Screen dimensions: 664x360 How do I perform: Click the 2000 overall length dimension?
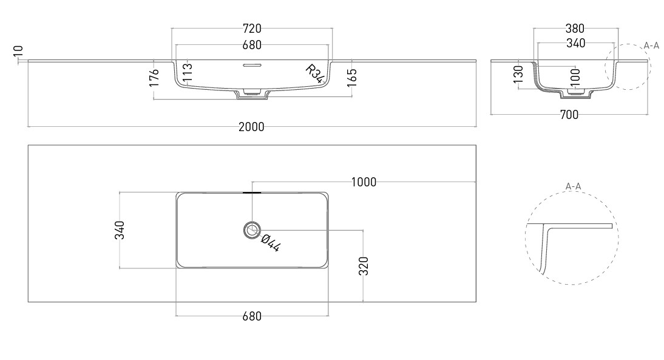pyautogui.click(x=251, y=127)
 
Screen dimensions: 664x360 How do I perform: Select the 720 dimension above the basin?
pyautogui.click(x=252, y=29)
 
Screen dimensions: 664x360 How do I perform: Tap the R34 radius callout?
pyautogui.click(x=316, y=73)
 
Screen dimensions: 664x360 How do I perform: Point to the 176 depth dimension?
pyautogui.click(x=154, y=78)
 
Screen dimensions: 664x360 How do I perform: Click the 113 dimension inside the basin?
pyautogui.click(x=188, y=72)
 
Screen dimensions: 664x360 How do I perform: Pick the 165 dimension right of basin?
pyautogui.click(x=352, y=78)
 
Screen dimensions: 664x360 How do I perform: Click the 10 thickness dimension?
pyautogui.click(x=18, y=51)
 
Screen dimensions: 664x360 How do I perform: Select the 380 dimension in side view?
pyautogui.click(x=575, y=29)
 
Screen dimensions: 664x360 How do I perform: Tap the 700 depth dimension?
pyautogui.click(x=569, y=115)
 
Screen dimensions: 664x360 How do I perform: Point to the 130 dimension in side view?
pyautogui.click(x=518, y=74)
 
